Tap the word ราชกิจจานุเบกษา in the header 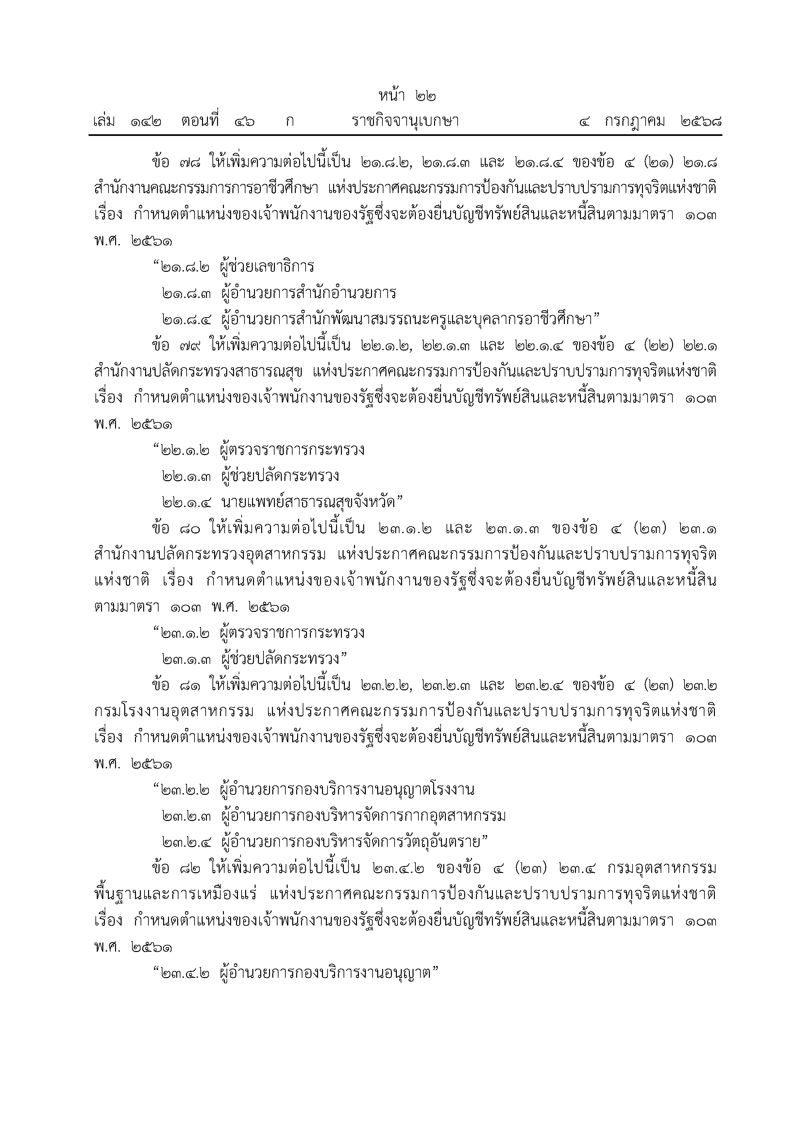(405, 121)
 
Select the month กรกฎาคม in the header (635, 121)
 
